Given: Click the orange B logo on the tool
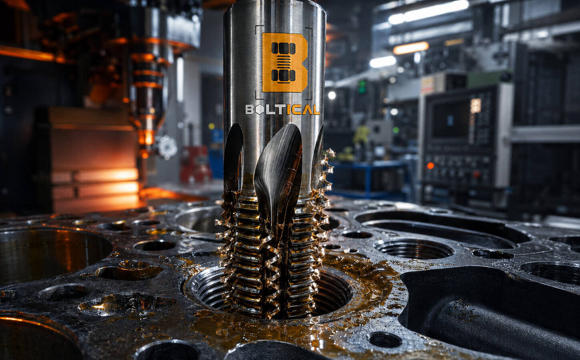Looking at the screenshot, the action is pos(284,63).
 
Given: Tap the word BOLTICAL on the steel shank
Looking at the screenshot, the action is pos(282,109).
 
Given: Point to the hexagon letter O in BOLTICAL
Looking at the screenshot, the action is pos(260,110).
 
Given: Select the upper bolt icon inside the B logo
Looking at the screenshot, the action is pos(284,48).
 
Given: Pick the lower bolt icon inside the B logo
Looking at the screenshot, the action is pos(284,75).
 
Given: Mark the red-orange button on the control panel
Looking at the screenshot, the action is pos(430,165).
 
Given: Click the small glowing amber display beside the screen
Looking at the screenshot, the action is pos(475,106).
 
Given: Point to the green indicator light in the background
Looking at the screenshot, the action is pos(362,87).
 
